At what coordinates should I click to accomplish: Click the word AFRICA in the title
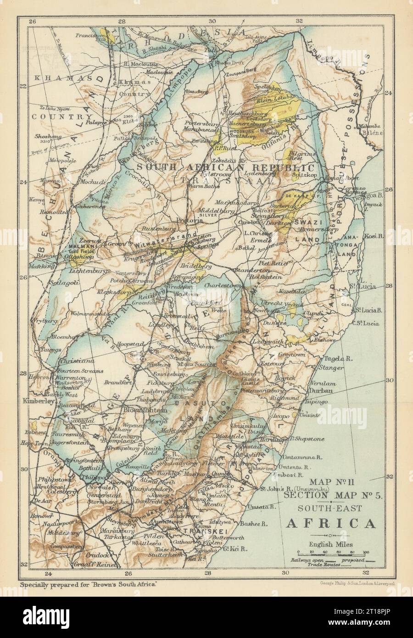pos(330,523)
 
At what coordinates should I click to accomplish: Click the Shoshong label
pos(47,136)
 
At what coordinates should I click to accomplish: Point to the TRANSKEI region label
pos(197,531)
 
